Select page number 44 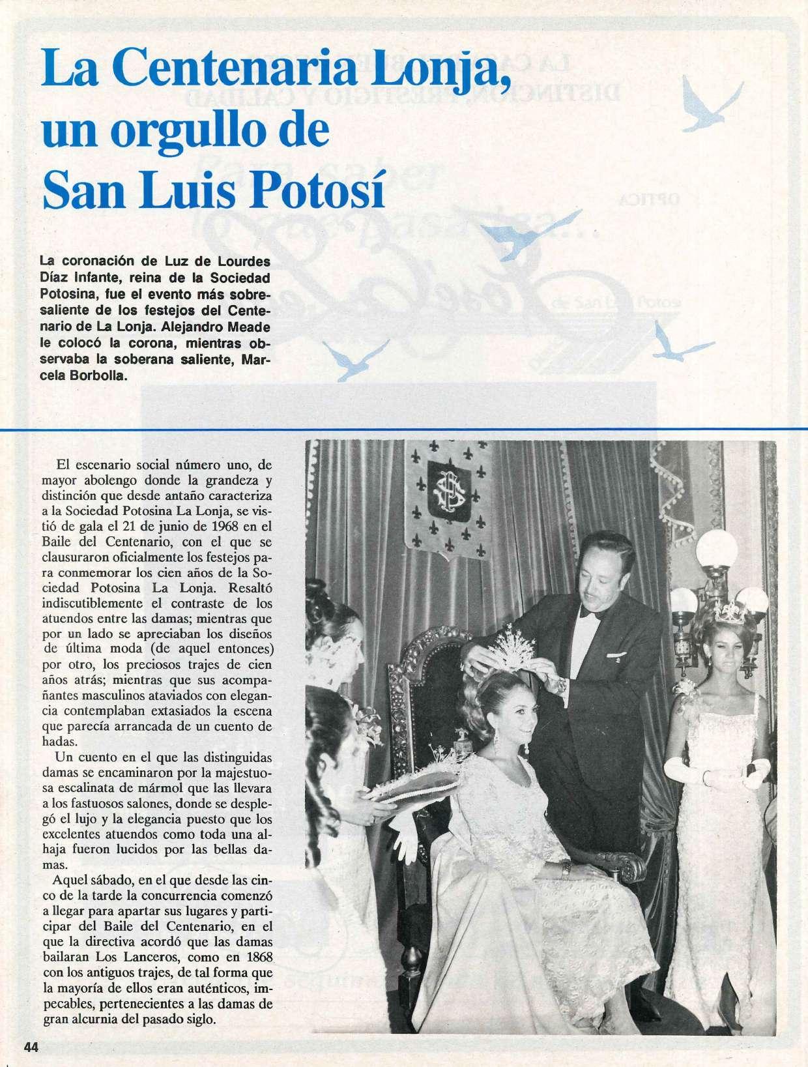click(x=32, y=1047)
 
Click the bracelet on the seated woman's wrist click(x=567, y=869)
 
